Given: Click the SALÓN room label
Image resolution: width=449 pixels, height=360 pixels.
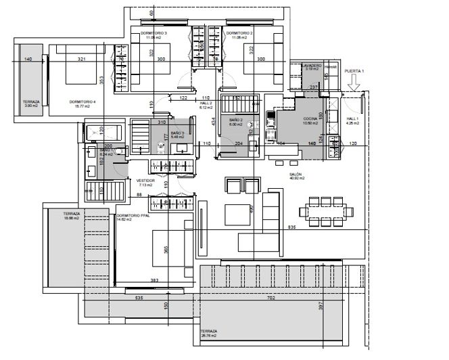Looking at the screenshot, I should (296, 175).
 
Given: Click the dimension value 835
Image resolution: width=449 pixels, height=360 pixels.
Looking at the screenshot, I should (292, 227).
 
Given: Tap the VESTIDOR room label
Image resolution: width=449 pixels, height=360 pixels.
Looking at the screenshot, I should (146, 182).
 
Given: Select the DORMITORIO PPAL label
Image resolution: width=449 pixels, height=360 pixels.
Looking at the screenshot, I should (133, 217).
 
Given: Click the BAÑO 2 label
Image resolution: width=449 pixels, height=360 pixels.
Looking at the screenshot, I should (235, 121).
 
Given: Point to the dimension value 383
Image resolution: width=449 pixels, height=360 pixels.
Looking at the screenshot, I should (154, 280).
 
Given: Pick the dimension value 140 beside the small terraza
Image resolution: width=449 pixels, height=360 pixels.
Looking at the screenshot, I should (28, 60).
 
